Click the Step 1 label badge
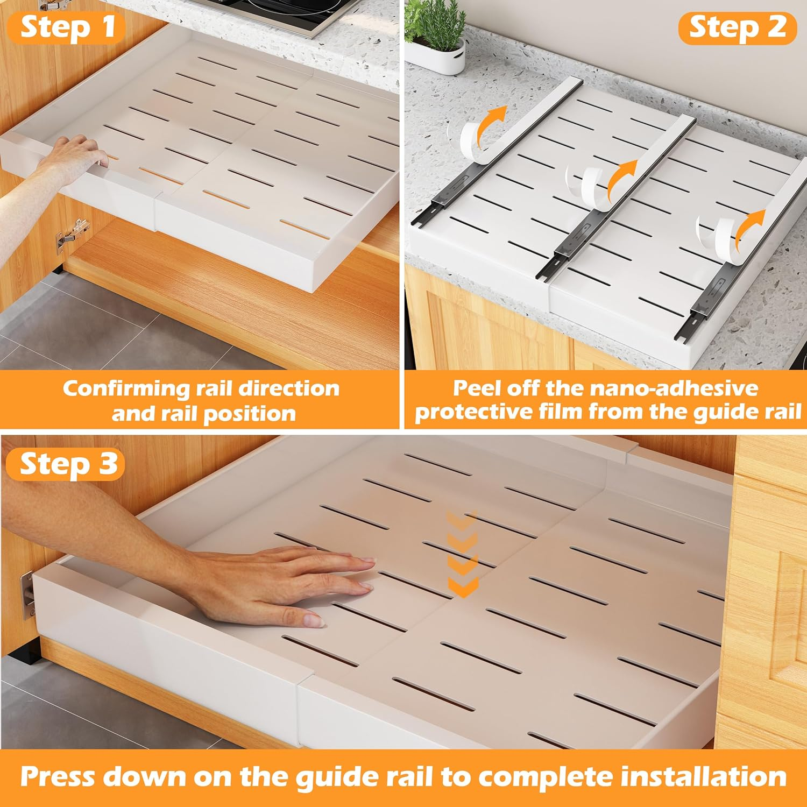67,27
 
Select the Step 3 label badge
67,464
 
